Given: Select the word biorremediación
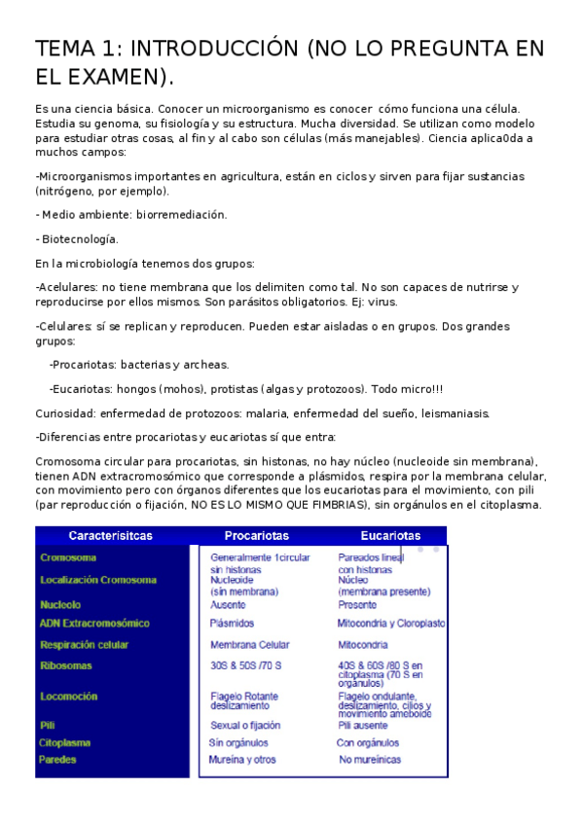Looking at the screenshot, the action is click(181, 214).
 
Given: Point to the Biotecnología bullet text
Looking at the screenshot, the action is click(79, 238).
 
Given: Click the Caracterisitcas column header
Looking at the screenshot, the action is click(110, 536).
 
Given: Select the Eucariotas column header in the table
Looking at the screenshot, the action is click(390, 536).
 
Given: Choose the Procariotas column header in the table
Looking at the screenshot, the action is click(256, 536).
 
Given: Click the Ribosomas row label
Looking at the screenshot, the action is click(66, 665).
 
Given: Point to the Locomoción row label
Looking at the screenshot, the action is click(68, 697).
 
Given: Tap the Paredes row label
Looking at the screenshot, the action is click(58, 760).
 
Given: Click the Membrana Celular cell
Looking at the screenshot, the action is click(248, 644).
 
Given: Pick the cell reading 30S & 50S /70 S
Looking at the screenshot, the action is click(245, 665).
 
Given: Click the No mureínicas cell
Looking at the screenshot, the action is click(370, 760).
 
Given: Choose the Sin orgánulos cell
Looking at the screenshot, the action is click(238, 742).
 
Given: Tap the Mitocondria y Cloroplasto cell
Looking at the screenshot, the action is click(391, 623).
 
